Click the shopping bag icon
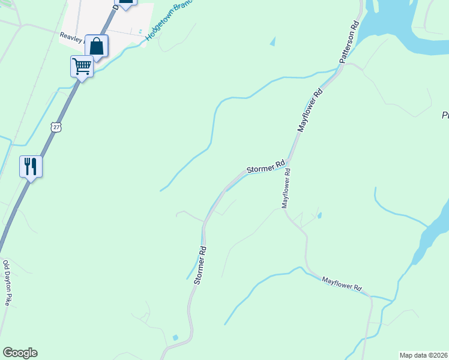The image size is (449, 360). tap(97, 46)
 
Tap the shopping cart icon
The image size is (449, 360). tap(82, 66)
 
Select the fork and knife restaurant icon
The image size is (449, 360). tap(31, 166)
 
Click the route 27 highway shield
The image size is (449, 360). tap(56, 127)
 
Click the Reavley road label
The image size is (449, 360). tap(72, 36)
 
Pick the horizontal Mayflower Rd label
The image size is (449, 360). tap(343, 284)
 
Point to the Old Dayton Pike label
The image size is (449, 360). tap(7, 283)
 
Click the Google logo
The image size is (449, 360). tap(20, 353)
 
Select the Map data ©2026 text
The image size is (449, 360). tap(424, 355)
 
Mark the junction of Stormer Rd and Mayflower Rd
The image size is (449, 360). tap(289, 161)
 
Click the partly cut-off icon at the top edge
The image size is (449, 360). tap(125, 3)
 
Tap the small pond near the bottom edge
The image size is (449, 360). tap(175, 337)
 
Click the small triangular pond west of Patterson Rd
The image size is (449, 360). tap(273, 41)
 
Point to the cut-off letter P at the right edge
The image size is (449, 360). tap(445, 115)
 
